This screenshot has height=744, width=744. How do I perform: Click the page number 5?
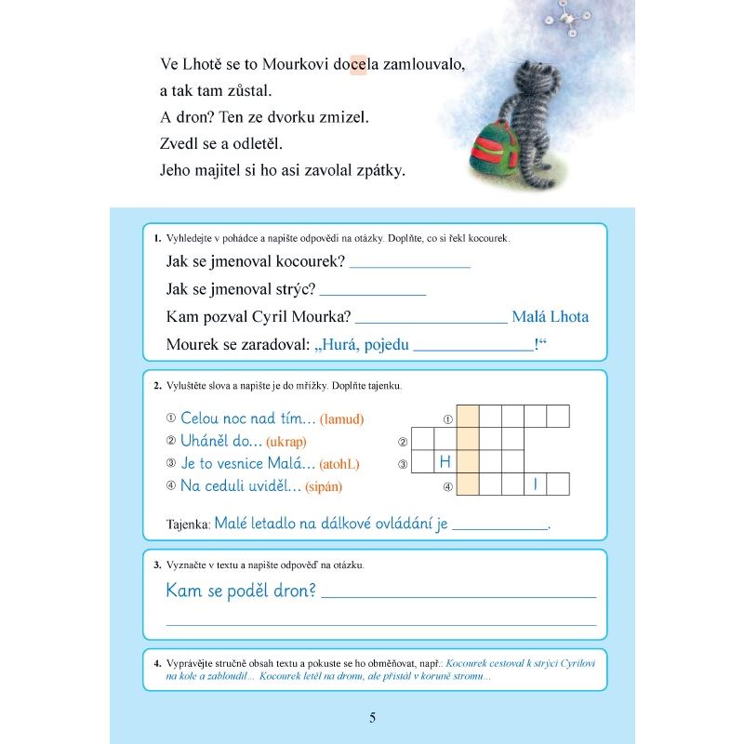(x=372, y=717)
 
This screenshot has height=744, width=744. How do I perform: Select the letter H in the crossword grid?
(x=445, y=462)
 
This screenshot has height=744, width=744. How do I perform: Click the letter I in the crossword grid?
(x=535, y=485)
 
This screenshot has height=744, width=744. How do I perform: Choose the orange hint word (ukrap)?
(x=286, y=442)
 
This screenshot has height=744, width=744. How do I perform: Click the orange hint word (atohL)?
(x=339, y=464)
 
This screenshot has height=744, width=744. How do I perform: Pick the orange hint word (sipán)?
(x=328, y=486)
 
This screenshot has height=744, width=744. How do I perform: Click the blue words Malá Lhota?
(x=550, y=317)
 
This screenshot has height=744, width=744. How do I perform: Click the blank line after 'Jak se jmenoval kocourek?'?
(x=410, y=266)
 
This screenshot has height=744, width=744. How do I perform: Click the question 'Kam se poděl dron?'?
(x=241, y=591)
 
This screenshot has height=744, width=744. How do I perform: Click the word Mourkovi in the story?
(x=297, y=66)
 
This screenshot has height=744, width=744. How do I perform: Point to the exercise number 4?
(x=156, y=662)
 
